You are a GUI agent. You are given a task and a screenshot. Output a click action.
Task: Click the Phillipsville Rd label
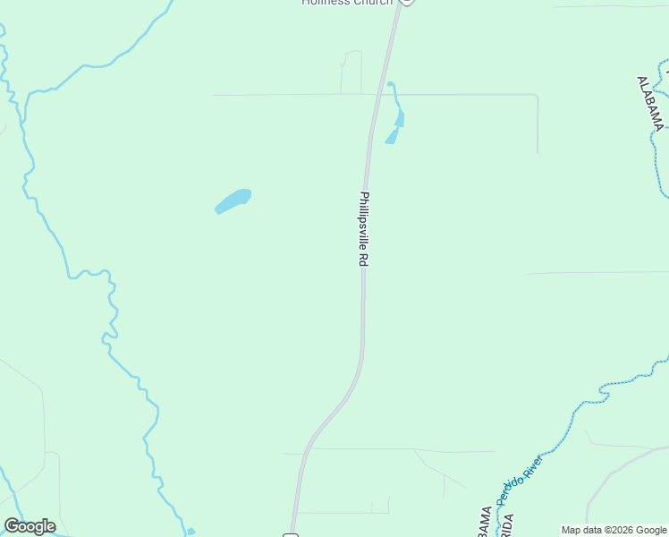coord(364,229)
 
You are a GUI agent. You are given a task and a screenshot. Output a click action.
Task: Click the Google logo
coord(30,526)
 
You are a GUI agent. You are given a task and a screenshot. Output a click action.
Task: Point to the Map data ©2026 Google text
coord(614,530)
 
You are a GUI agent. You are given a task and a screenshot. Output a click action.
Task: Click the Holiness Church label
coord(347,3)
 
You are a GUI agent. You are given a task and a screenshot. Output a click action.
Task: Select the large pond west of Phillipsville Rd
coord(233,200)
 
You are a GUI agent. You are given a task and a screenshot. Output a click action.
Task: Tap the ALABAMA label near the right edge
coord(650,103)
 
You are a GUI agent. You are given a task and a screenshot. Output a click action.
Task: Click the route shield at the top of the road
coord(406,2)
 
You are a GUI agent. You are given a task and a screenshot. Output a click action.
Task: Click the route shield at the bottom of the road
coord(290,534)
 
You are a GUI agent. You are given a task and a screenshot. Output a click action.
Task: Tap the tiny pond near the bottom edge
coord(191,532)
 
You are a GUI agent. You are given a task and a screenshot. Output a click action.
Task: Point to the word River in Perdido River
coord(533,465)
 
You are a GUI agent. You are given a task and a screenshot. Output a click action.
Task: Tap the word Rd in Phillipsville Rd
coord(364,259)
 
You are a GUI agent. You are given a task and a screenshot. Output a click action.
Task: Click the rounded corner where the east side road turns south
coord(535,97)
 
